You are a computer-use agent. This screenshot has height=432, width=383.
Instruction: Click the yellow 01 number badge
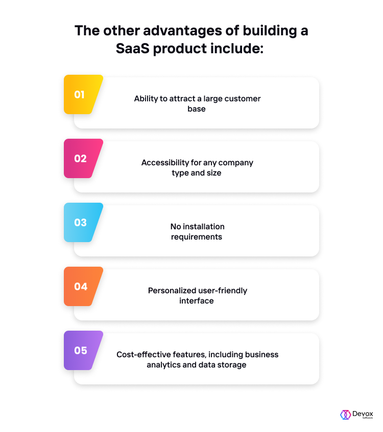coord(83,95)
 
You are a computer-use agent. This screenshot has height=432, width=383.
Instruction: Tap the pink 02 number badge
coord(83,159)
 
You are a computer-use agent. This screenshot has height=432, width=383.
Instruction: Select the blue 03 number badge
coord(83,222)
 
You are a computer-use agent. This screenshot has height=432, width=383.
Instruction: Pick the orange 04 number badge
coord(83,286)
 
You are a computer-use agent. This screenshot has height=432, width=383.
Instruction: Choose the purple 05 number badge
coord(83,350)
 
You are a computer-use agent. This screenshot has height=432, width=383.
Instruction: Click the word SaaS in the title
coord(133,49)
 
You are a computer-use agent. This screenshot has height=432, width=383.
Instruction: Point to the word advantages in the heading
coord(182,30)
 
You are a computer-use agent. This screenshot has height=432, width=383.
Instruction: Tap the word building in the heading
coord(270,30)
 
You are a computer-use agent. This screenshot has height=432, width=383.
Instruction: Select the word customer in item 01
coord(242,99)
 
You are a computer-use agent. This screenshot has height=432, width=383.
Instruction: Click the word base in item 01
coord(196,109)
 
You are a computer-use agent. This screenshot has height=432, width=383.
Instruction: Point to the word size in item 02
coord(214,172)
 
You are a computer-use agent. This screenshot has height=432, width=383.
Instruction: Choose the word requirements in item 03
coord(196,237)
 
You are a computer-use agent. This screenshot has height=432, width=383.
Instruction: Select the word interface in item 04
coord(196,300)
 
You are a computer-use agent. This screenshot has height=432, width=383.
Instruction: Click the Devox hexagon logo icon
coord(345,415)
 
